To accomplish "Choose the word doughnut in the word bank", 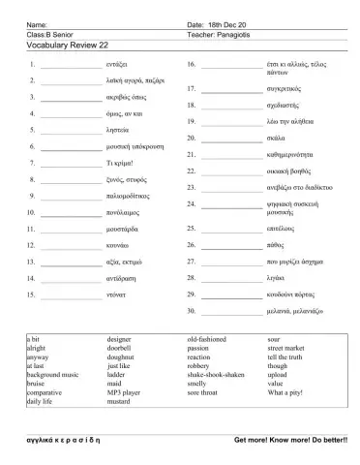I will [123, 356].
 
